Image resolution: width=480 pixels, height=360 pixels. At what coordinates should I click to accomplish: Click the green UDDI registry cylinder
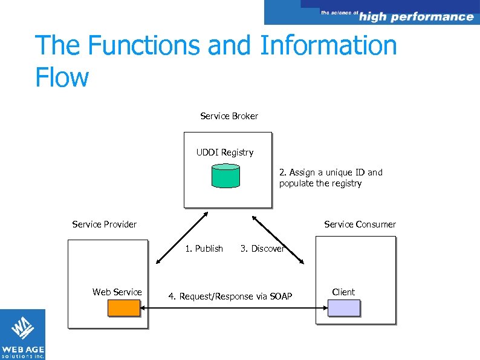225,175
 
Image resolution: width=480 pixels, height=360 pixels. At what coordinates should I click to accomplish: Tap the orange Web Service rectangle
124,308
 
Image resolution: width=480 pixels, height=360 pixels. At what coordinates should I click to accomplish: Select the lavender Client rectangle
343,308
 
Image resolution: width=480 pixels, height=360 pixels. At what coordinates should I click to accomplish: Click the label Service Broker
229,116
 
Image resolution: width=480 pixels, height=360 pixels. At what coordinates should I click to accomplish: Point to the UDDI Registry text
225,152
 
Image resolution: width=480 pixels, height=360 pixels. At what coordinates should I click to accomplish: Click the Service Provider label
104,224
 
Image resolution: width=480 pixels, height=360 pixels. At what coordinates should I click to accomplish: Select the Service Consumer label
360,224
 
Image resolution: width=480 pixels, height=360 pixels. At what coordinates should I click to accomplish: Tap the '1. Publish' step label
204,249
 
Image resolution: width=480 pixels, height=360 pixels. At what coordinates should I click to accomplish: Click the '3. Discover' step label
262,249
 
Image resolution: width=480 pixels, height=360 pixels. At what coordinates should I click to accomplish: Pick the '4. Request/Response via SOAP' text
230,296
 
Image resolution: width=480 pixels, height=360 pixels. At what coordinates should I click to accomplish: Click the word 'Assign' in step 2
302,172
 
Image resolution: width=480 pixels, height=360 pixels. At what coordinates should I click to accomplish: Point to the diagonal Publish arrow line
181,238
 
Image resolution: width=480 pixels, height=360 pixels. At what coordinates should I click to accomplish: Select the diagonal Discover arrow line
278,238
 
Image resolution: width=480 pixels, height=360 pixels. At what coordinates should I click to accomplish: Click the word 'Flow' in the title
62,77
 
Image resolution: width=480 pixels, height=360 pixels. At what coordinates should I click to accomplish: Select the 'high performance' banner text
416,17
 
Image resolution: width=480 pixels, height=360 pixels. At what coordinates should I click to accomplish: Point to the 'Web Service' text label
117,292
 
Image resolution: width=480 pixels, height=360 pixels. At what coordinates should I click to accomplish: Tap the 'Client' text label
343,292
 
